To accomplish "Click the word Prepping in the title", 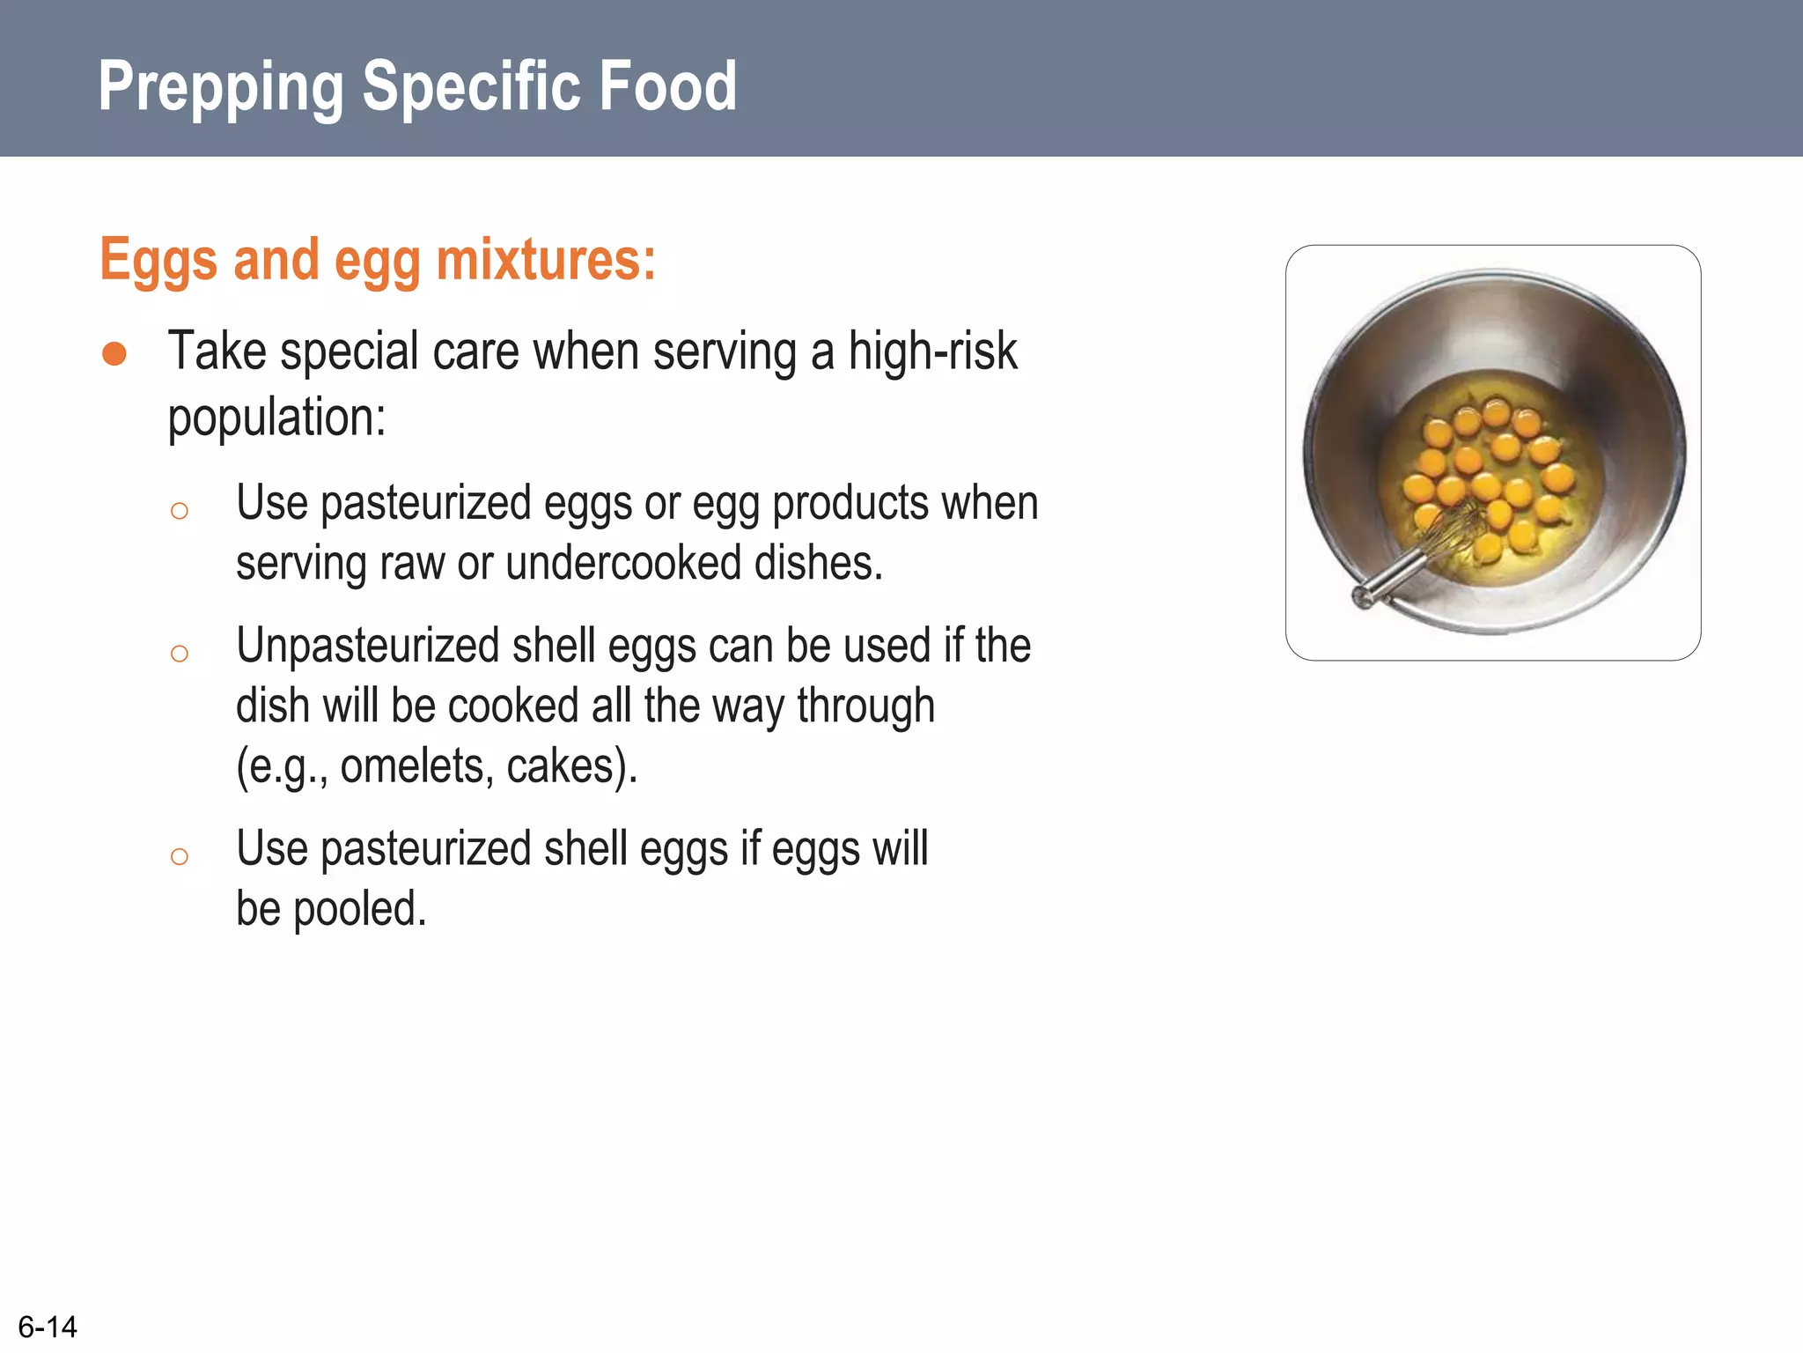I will (x=220, y=86).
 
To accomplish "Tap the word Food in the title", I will (x=668, y=86).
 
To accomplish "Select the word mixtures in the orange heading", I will (x=546, y=261).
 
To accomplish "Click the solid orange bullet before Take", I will (x=114, y=354).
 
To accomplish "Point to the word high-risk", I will (x=932, y=351).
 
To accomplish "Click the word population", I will (x=276, y=417).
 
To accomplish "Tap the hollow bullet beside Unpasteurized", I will (x=180, y=654).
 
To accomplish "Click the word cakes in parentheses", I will (x=560, y=765).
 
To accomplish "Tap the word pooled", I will (x=359, y=909).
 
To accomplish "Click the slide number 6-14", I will (x=48, y=1327).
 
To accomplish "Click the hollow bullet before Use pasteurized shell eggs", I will (x=180, y=856).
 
